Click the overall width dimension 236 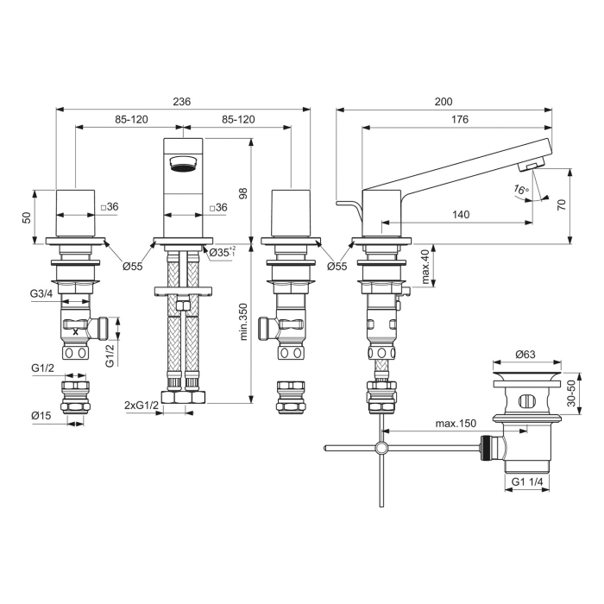(182, 102)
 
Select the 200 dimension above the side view (443, 102)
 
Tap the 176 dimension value (459, 120)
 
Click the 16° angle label (519, 189)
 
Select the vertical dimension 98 (243, 195)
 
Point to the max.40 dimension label (425, 266)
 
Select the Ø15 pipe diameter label (41, 416)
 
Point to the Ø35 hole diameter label (223, 253)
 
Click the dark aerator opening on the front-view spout (183, 163)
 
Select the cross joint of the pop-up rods (380, 447)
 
